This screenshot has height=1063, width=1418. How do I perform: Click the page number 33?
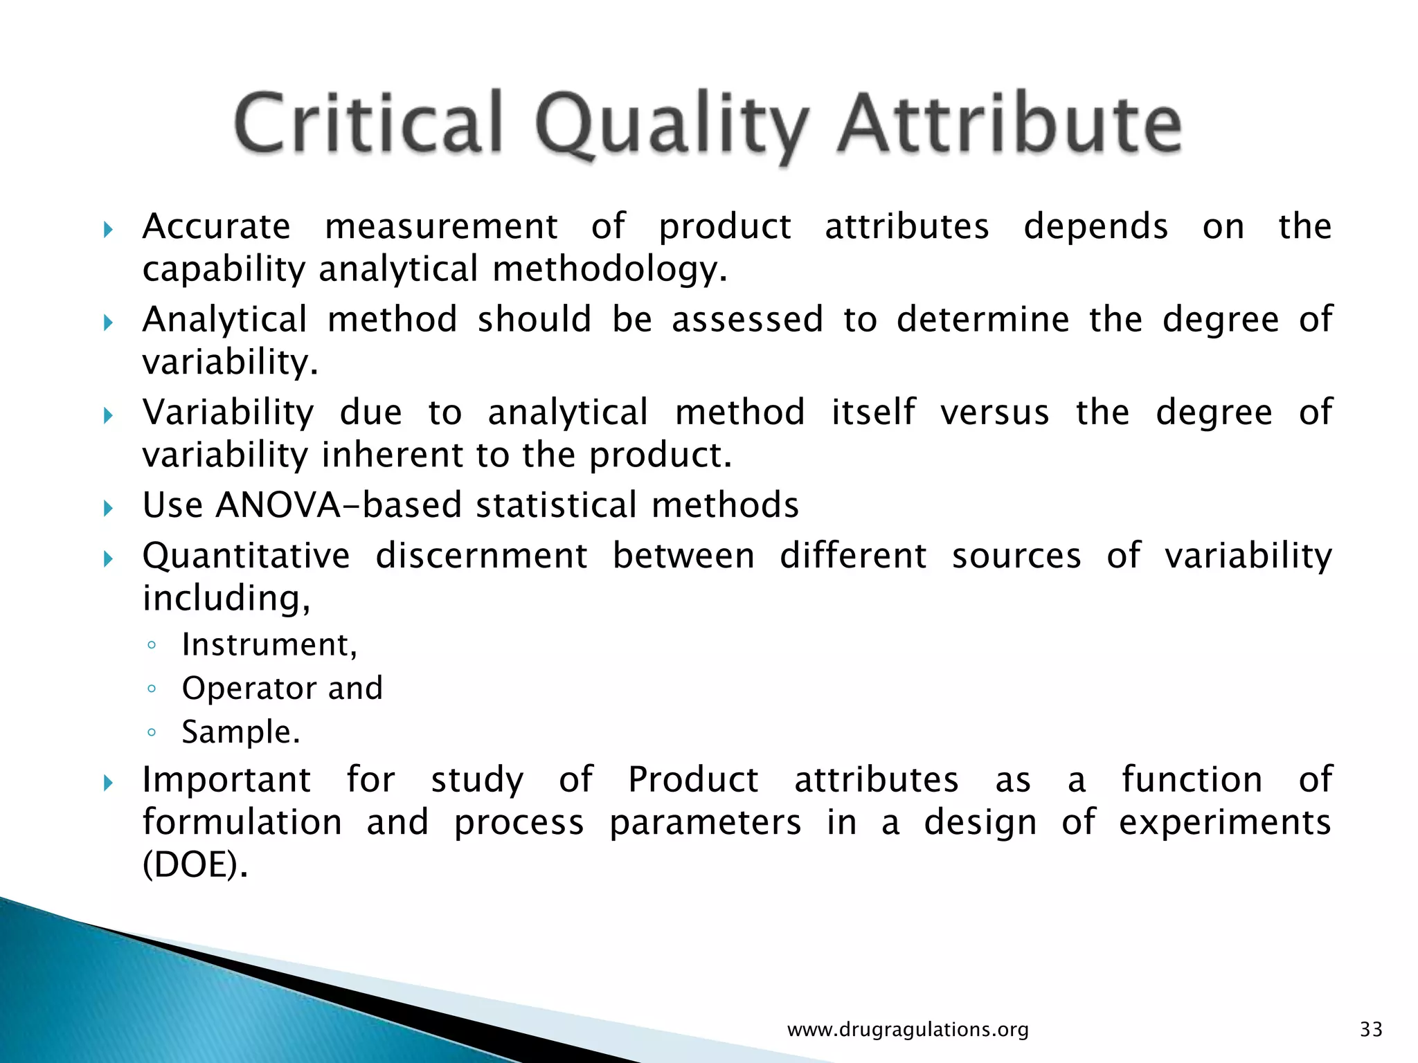click(1371, 1030)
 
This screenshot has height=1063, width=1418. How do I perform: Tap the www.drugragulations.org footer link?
click(908, 1030)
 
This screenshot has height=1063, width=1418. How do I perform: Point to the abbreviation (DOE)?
click(195, 864)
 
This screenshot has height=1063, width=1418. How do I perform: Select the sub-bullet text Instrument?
click(269, 645)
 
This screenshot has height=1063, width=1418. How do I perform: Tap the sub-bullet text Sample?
click(241, 732)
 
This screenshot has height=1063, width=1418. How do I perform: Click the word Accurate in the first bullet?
click(216, 226)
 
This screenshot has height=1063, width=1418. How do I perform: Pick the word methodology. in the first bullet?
click(609, 270)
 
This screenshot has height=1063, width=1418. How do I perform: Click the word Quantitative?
click(246, 556)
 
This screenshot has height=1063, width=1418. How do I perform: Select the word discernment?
click(481, 556)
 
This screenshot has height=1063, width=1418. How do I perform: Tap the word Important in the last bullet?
click(226, 780)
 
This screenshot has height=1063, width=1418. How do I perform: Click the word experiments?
click(1225, 823)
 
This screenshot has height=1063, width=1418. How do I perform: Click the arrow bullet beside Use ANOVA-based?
click(107, 509)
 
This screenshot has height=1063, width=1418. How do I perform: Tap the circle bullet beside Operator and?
click(152, 689)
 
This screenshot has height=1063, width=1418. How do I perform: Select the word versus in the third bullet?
click(994, 412)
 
